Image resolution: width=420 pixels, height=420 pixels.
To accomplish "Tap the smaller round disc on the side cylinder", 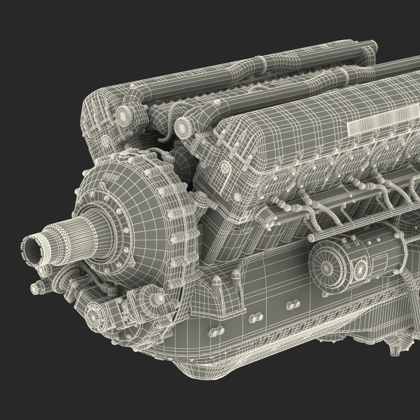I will click(x=359, y=270).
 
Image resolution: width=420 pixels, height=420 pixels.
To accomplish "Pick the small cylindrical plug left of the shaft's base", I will click(x=36, y=288).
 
